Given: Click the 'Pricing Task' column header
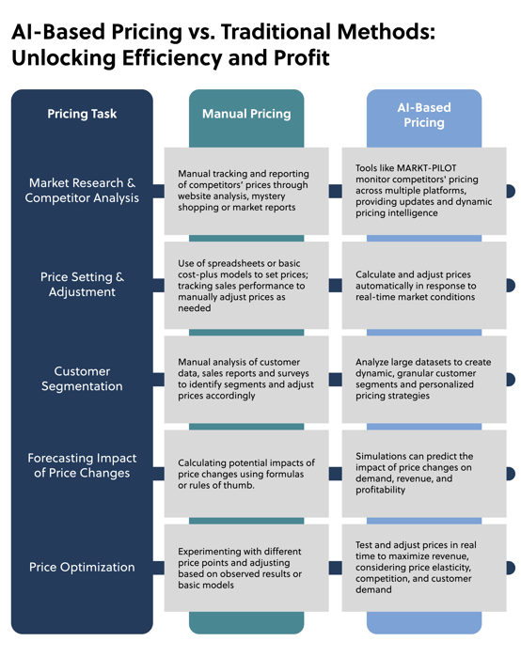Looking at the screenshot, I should [82, 115].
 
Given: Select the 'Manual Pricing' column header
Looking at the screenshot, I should [246, 115].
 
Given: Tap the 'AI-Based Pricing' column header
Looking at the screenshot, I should [425, 116].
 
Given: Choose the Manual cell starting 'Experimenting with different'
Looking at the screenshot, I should [246, 567].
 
